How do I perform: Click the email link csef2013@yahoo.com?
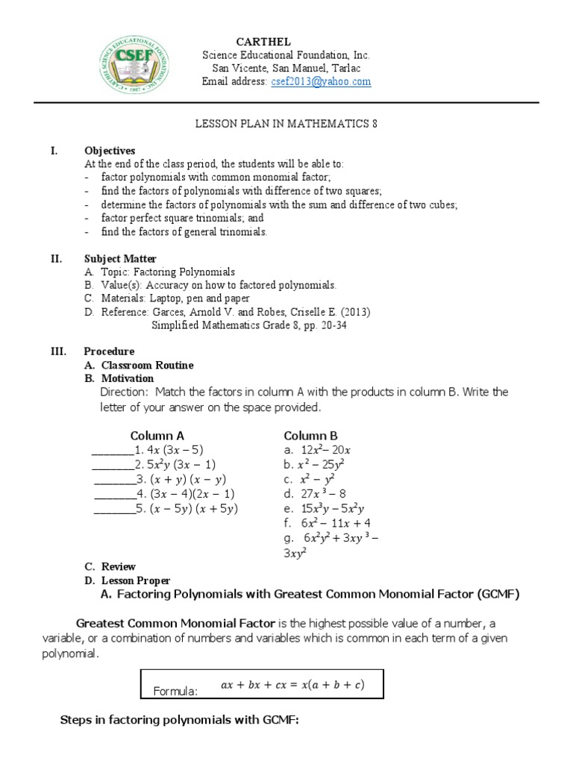coord(321,81)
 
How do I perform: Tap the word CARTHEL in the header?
coord(263,42)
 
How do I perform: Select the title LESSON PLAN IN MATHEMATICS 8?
coord(286,124)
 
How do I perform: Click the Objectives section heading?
coord(110,151)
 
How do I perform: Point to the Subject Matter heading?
coord(120,259)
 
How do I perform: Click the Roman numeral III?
coord(60,351)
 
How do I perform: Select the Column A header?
coord(157,436)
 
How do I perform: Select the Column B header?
coord(311,436)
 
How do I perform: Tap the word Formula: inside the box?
coord(175,692)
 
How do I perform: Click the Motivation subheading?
coord(128,379)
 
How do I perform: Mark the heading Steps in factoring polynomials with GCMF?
coord(179,722)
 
